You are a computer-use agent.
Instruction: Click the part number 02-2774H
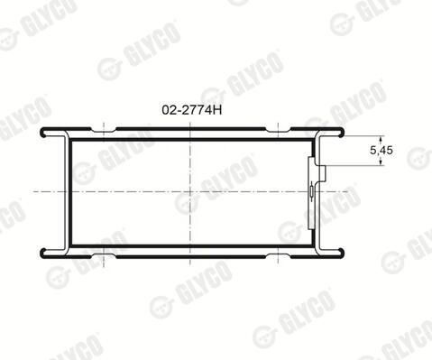(x=192, y=110)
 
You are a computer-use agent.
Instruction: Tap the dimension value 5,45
(x=381, y=150)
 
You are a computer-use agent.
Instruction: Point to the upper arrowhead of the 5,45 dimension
(x=381, y=139)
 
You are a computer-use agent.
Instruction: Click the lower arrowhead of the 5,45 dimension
(x=381, y=162)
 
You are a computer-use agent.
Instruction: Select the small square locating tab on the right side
(x=322, y=173)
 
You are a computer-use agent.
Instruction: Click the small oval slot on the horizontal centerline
(x=312, y=191)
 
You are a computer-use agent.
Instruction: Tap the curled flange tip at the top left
(x=43, y=134)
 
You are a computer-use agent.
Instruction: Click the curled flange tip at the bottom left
(x=43, y=253)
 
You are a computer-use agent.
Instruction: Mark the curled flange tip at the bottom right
(x=341, y=253)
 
